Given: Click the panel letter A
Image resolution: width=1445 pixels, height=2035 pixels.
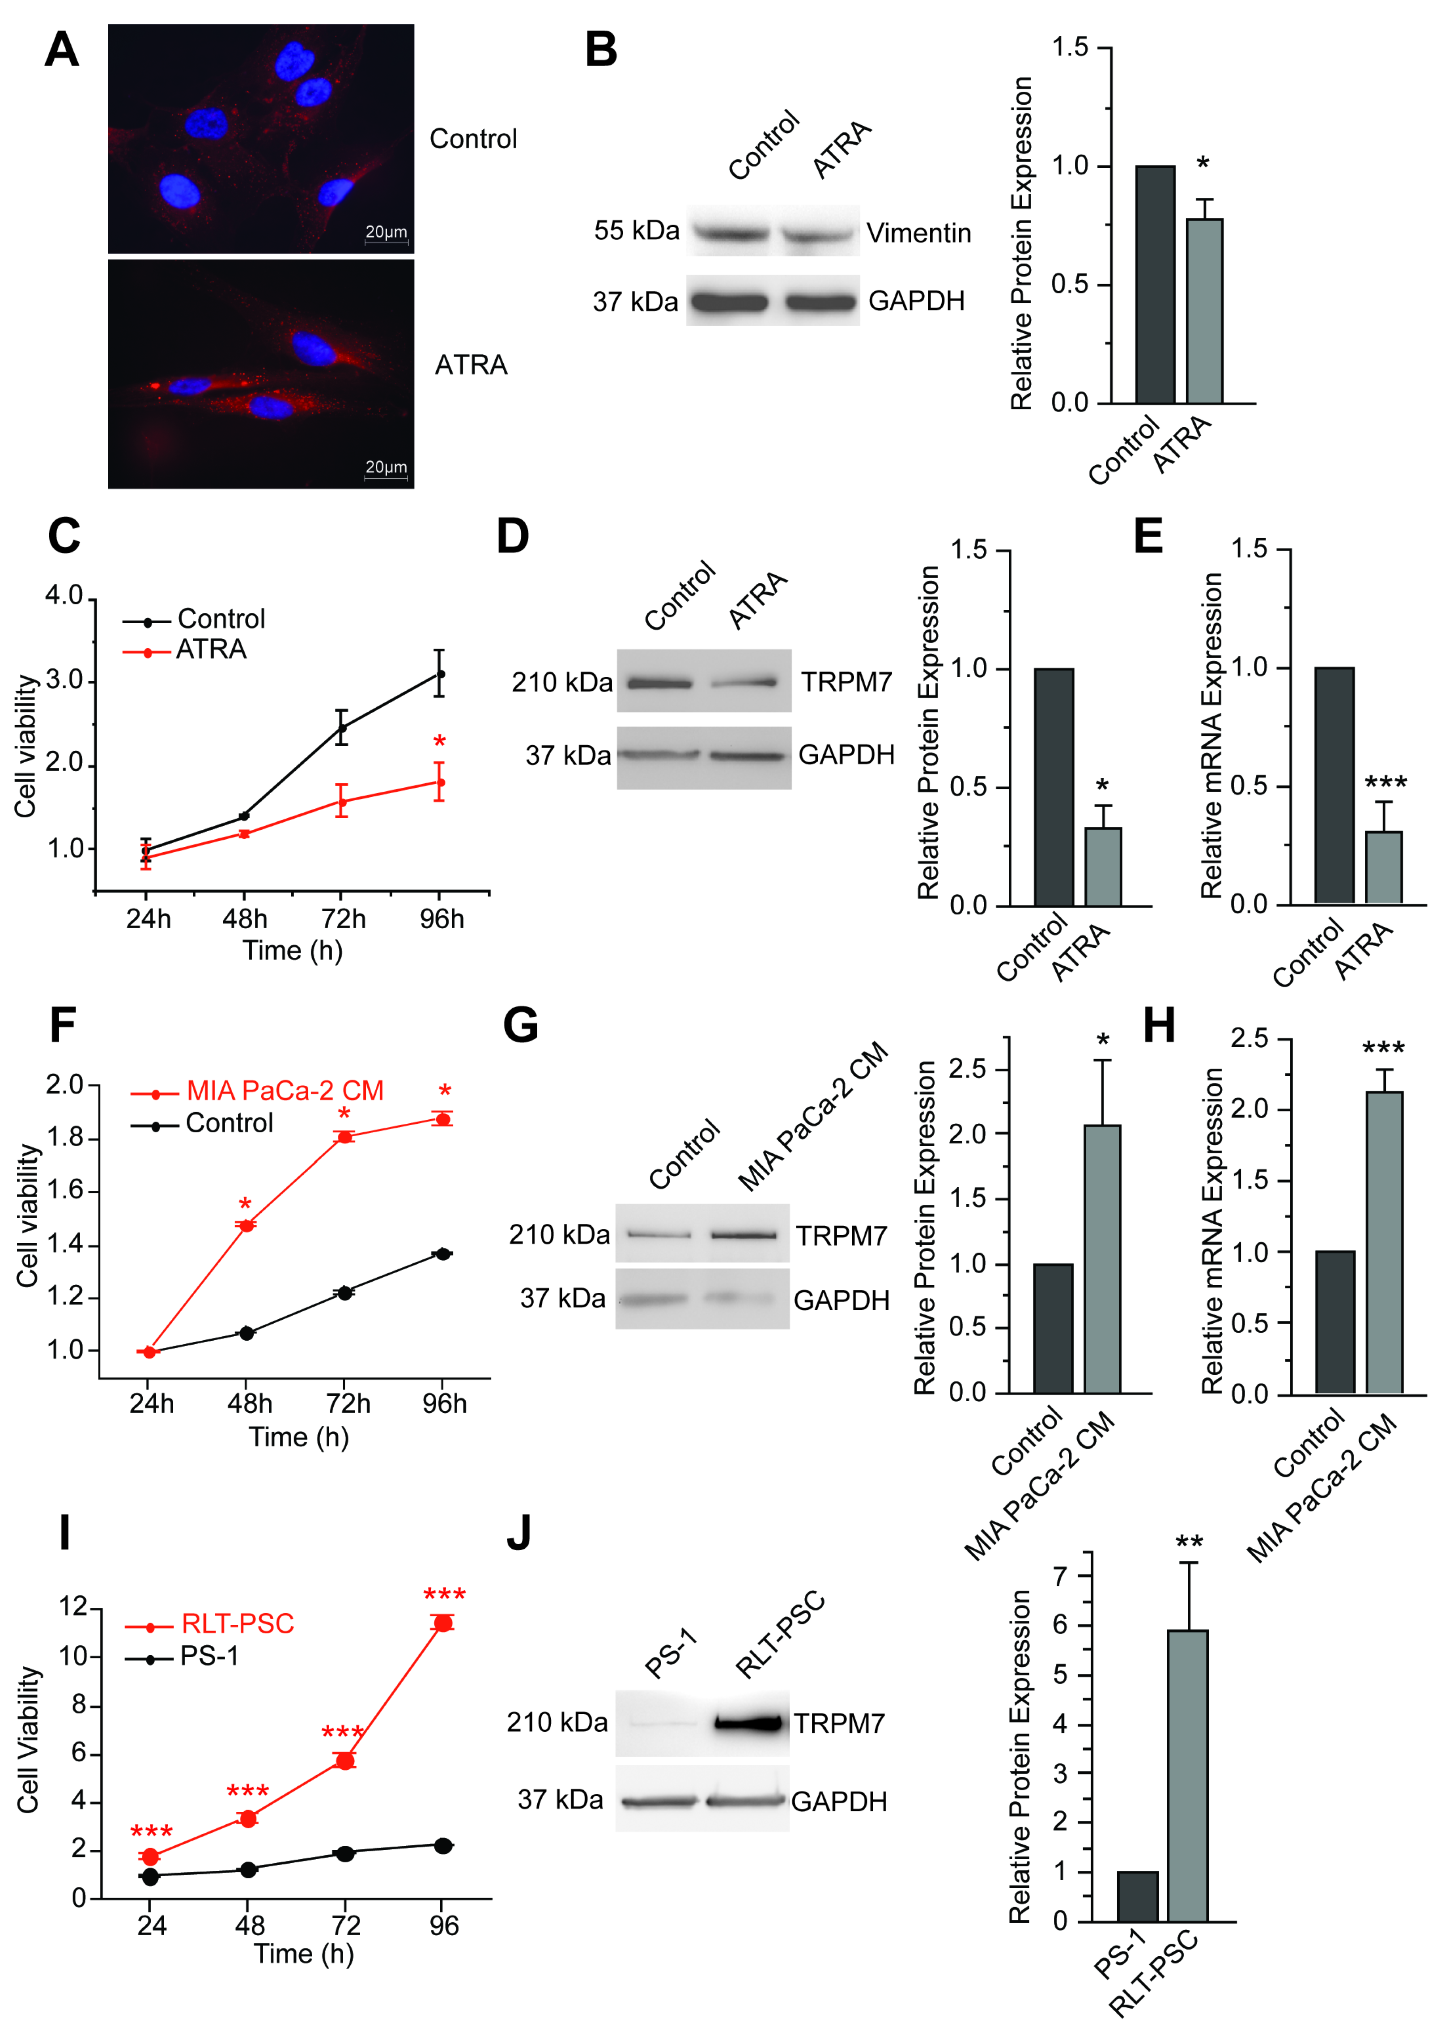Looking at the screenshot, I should coord(61,50).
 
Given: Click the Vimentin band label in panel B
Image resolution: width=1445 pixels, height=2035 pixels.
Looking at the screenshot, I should coord(918,233).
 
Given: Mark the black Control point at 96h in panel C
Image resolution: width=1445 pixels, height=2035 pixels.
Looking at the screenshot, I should coord(440,674).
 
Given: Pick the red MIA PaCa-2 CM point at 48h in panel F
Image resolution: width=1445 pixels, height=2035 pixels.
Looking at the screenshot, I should coord(246,1225).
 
